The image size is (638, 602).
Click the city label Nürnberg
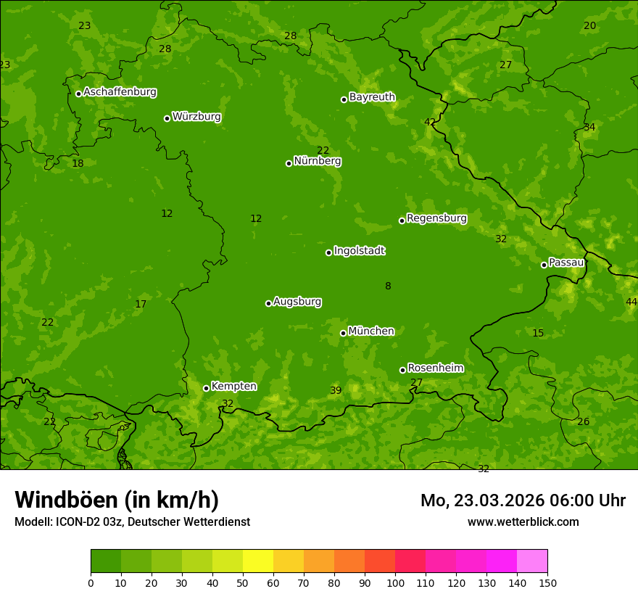[318, 161]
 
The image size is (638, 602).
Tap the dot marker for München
[343, 333]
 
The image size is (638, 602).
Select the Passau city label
[566, 263]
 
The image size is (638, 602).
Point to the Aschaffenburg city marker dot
[78, 94]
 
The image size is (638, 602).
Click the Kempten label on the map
[233, 387]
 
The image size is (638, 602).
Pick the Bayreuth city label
[372, 97]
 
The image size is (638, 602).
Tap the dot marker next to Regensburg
[402, 220]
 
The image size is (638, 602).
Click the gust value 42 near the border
[430, 122]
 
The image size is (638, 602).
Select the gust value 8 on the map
[388, 286]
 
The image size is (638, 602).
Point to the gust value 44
[631, 302]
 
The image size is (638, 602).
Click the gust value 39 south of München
[336, 391]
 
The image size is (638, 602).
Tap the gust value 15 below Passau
[538, 334]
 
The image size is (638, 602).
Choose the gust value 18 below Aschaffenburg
[78, 164]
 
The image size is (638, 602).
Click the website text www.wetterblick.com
[523, 521]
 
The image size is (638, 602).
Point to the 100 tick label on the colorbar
[395, 582]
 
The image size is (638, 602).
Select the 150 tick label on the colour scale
[547, 582]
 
